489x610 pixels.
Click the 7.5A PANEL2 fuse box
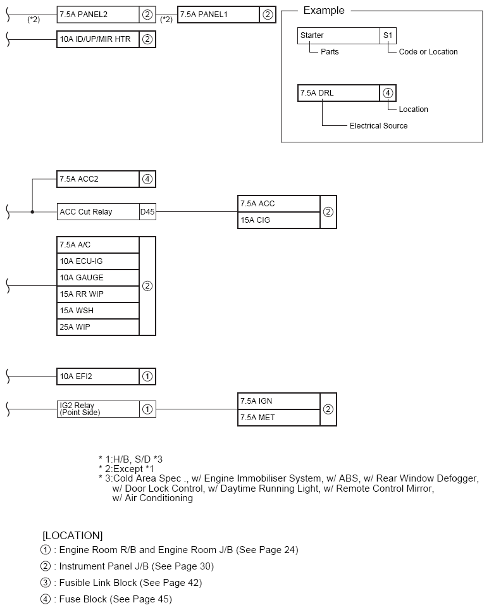click(98, 15)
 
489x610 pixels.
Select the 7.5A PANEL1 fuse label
click(219, 15)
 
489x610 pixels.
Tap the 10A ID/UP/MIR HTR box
click(98, 39)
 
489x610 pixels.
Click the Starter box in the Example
click(338, 35)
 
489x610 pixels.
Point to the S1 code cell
click(388, 35)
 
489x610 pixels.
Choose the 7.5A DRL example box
click(338, 93)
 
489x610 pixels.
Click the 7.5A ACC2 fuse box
click(98, 179)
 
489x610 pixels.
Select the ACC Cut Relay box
click(98, 212)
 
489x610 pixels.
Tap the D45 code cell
click(147, 212)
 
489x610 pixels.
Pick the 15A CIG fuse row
click(279, 220)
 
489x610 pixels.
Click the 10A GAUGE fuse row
click(98, 278)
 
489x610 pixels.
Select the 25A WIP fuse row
click(98, 327)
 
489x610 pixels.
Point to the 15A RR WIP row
click(98, 294)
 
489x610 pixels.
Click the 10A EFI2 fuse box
click(98, 377)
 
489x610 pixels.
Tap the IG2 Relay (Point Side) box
click(98, 409)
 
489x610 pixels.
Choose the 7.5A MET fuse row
click(279, 418)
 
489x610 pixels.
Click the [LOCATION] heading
click(72, 535)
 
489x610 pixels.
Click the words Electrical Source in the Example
click(378, 126)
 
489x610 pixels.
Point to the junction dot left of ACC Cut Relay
click(32, 212)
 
